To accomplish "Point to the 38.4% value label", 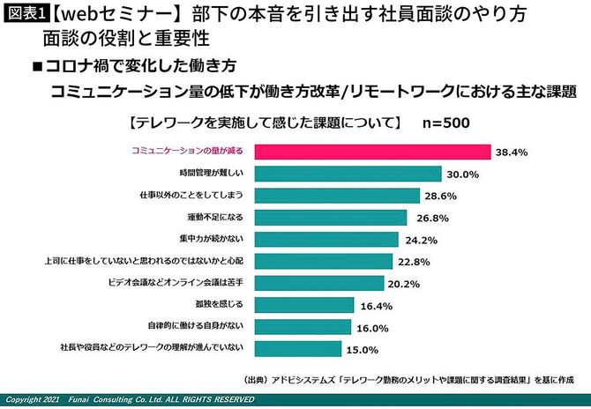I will click(512, 152).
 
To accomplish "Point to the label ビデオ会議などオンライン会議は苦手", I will click(199, 283).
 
